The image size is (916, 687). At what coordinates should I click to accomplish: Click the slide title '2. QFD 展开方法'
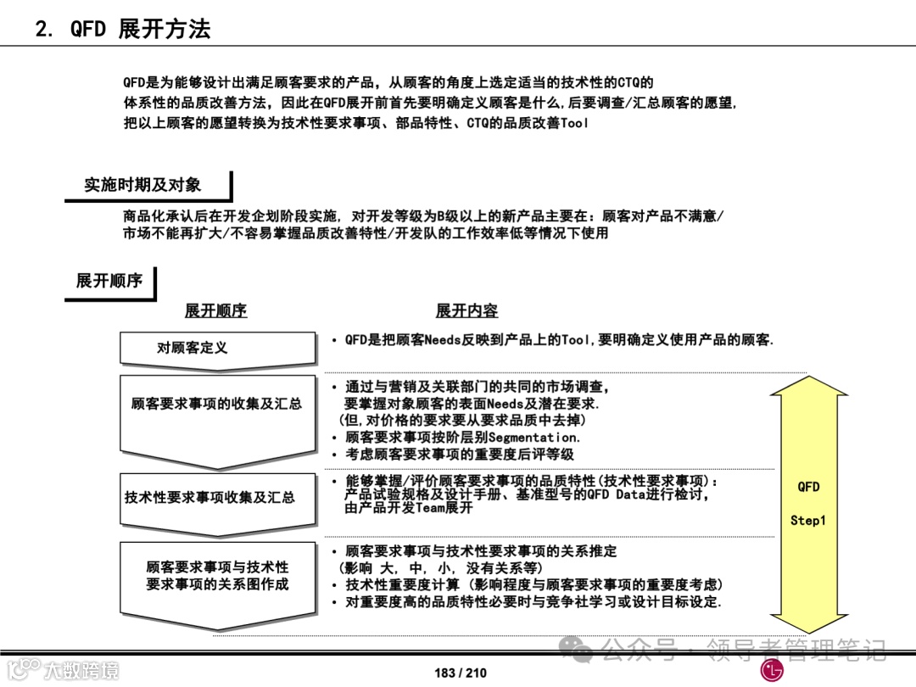122,30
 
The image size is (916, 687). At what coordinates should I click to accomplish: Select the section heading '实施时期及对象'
142,185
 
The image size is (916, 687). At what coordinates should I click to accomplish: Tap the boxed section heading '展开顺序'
109,281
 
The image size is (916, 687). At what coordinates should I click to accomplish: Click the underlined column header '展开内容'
466,311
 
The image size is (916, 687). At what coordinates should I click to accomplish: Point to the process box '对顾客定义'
192,348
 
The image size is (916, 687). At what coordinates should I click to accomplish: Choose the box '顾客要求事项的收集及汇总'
216,405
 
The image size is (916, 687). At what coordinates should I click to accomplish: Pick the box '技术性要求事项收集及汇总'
209,497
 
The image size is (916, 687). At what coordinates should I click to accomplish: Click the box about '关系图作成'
217,576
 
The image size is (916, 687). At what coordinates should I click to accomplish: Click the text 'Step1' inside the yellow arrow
807,521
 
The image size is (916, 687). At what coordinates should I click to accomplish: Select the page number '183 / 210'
461,673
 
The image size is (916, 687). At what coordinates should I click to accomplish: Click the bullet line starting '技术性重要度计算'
533,585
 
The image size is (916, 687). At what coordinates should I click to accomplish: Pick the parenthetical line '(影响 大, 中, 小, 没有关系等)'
441,568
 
